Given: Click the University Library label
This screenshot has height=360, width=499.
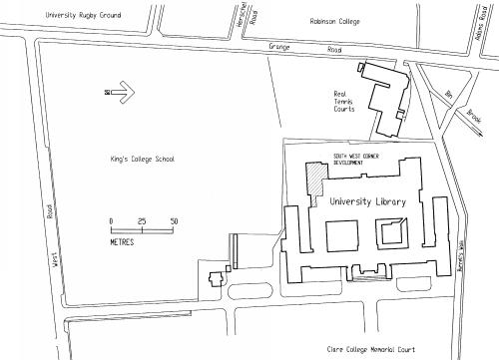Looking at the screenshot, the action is [367, 201].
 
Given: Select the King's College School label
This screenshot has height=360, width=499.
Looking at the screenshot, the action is [142, 159].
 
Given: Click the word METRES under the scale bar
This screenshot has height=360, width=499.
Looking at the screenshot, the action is [123, 241].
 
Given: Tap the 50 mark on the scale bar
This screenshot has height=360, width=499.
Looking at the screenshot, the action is [174, 220].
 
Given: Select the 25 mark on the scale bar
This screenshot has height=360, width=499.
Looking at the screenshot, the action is [142, 220].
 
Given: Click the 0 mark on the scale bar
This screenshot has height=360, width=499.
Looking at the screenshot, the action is [111, 220].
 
